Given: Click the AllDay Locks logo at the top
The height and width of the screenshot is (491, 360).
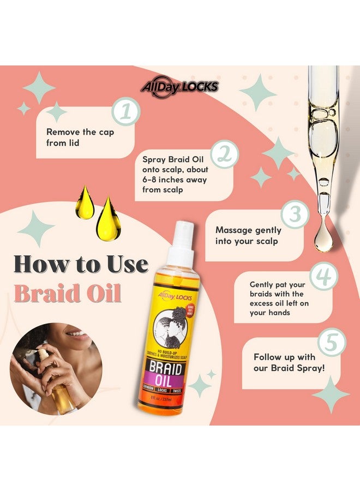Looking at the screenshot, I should tap(179, 86).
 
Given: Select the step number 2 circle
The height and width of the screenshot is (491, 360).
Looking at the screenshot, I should tap(224, 154).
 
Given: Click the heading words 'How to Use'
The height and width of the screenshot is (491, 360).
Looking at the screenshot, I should tap(81, 265).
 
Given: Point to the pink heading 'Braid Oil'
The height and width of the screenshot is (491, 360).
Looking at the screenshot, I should tap(68, 293).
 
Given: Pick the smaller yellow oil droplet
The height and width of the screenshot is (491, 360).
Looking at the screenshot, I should tap(85, 203).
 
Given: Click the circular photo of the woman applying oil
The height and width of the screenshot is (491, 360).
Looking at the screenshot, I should tap(56, 369).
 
